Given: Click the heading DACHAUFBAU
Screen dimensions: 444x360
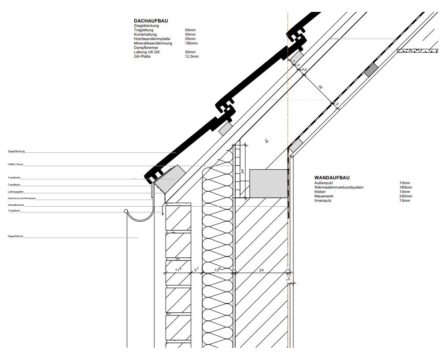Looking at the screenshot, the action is pyautogui.click(x=151, y=21).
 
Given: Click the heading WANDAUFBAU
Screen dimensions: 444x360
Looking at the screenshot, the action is pyautogui.click(x=332, y=178).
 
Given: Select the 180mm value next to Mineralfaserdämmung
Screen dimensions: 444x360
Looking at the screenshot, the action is pyautogui.click(x=191, y=43).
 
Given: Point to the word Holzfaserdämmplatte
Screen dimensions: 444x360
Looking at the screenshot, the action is pyautogui.click(x=152, y=39).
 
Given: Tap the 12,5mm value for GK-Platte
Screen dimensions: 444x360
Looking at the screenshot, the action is pyautogui.click(x=192, y=56).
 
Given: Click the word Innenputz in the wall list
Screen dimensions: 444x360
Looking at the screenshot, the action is pyautogui.click(x=323, y=200).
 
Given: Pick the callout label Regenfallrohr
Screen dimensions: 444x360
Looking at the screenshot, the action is pyautogui.click(x=15, y=237).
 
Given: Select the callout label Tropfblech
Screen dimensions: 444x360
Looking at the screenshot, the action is pyautogui.click(x=14, y=211).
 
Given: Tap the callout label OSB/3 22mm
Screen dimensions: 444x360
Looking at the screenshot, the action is pyautogui.click(x=16, y=164).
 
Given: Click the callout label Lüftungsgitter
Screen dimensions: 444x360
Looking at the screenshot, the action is pyautogui.click(x=15, y=192).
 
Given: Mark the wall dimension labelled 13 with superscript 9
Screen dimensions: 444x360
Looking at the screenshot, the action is pyautogui.click(x=217, y=269).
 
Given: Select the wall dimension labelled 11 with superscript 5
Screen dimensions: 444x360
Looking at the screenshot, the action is pyautogui.click(x=178, y=269).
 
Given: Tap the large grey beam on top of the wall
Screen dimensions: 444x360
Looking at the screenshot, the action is pyautogui.click(x=268, y=183).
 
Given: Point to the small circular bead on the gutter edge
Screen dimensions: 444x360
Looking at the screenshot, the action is pyautogui.click(x=126, y=212).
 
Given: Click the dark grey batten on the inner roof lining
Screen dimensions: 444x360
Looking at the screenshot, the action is pyautogui.click(x=371, y=69).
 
